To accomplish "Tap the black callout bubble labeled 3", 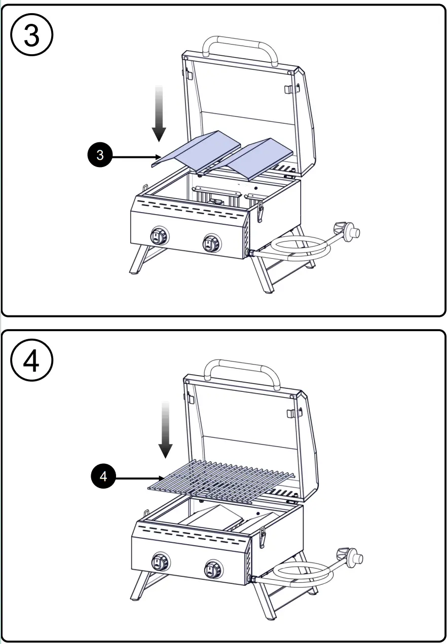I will click(100, 155).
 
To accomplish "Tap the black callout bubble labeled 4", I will click(103, 476).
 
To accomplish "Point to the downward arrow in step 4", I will click(165, 430).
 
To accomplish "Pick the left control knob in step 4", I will click(162, 561).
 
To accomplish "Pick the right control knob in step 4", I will click(213, 570).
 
